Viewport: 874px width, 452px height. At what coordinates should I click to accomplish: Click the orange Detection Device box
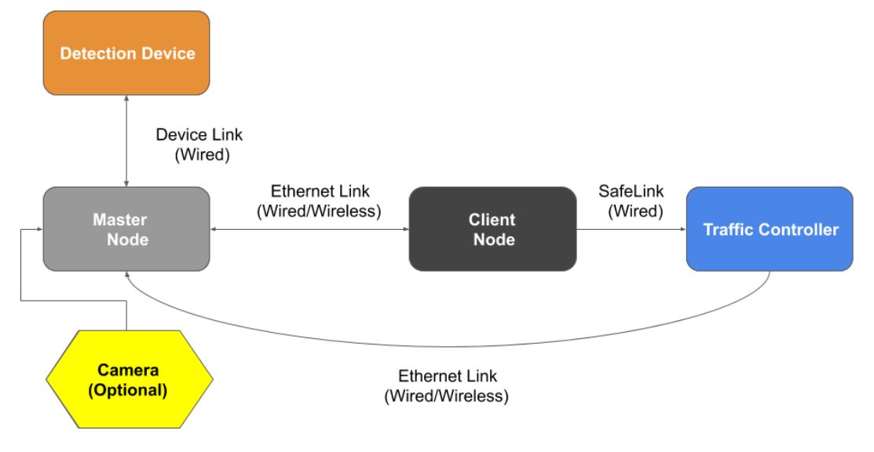click(126, 55)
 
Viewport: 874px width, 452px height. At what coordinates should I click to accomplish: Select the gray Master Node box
click(126, 228)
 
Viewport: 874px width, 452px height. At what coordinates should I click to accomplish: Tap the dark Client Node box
click(492, 228)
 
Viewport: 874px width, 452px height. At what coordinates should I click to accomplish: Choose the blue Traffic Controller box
click(770, 230)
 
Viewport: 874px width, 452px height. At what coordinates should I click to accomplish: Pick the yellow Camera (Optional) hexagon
click(126, 379)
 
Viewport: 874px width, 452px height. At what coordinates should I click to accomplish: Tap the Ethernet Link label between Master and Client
click(309, 202)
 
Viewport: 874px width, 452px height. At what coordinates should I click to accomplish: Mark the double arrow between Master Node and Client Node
click(309, 230)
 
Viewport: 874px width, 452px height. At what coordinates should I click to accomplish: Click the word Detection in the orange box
click(96, 55)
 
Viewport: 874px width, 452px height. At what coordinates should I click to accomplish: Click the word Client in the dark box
click(492, 220)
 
